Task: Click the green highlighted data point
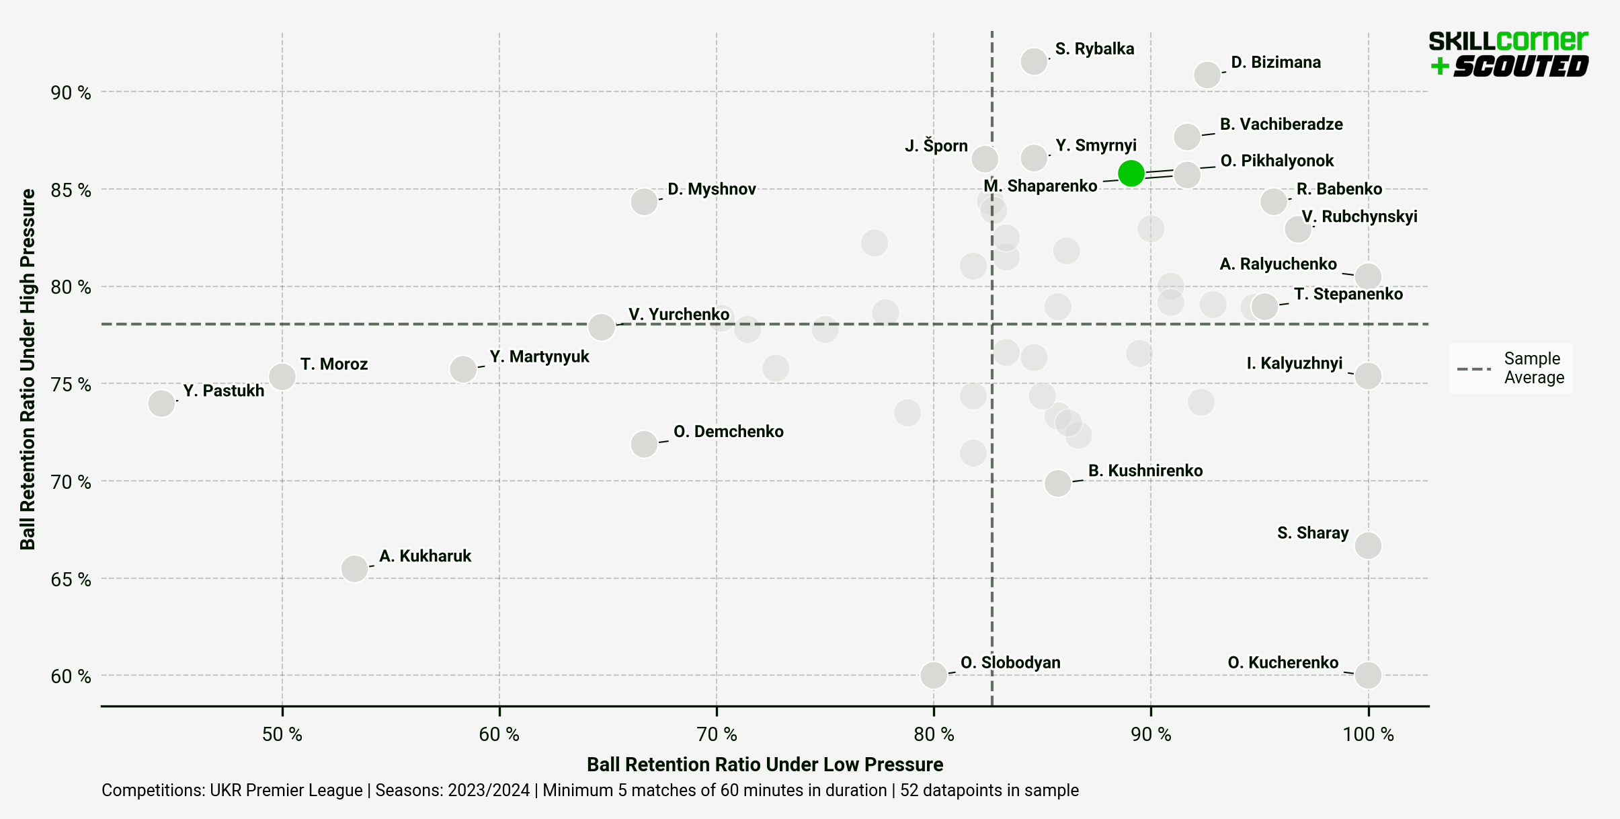(1131, 173)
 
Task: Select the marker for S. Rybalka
(1033, 61)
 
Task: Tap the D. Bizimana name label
(1275, 63)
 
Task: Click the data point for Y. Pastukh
(161, 403)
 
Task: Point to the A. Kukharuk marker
(354, 569)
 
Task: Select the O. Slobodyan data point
(934, 674)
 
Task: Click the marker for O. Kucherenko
(1368, 674)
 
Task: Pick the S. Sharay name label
(1312, 533)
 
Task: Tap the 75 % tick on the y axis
(71, 385)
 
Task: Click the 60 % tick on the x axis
(499, 734)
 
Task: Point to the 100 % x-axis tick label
(1368, 734)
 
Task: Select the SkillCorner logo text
(1508, 42)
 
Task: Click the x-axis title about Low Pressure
(764, 765)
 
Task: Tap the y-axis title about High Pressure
(28, 369)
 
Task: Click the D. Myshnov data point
(643, 201)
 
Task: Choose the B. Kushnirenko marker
(1057, 483)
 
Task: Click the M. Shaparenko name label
(1040, 186)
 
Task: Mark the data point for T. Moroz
(282, 377)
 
